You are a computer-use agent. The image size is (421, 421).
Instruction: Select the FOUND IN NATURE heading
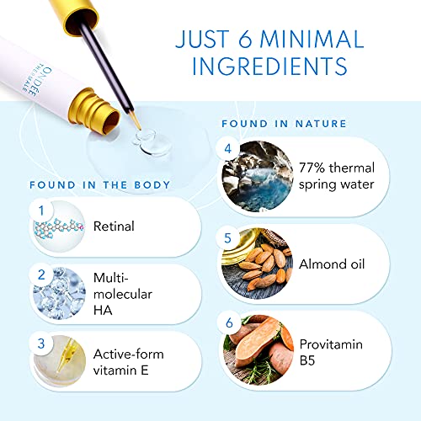(x=284, y=124)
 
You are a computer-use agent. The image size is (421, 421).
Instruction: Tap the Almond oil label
(x=333, y=264)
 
